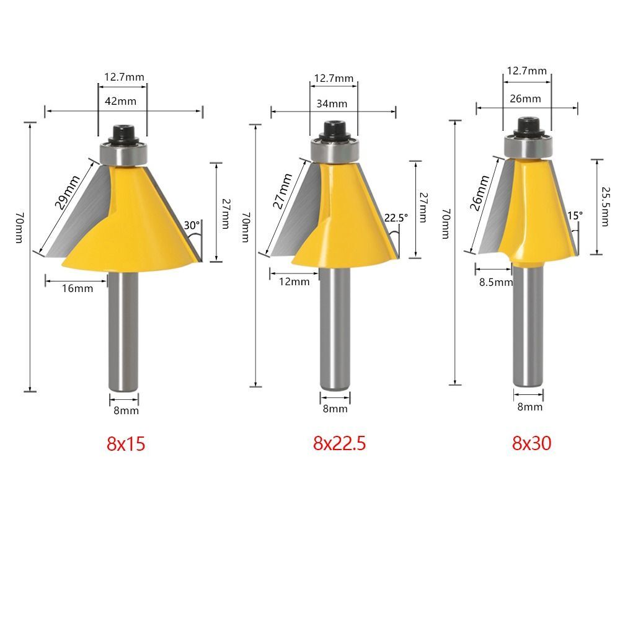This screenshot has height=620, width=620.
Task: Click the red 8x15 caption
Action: point(126,444)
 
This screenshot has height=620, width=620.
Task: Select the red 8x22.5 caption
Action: point(339,444)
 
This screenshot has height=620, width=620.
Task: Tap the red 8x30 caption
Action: point(531,443)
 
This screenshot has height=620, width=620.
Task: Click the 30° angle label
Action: point(191,226)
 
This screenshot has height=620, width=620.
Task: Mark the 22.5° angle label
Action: point(396,218)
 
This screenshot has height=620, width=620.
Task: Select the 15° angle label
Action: point(575,216)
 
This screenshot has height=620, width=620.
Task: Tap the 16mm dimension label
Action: point(79,288)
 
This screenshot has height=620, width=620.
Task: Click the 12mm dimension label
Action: point(294,281)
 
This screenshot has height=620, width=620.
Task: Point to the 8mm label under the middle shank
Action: point(335,409)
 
